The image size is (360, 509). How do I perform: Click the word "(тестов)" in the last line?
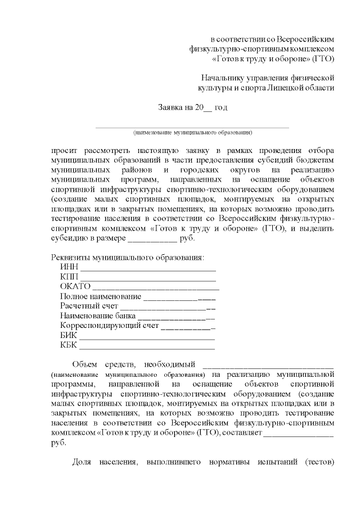319,462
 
